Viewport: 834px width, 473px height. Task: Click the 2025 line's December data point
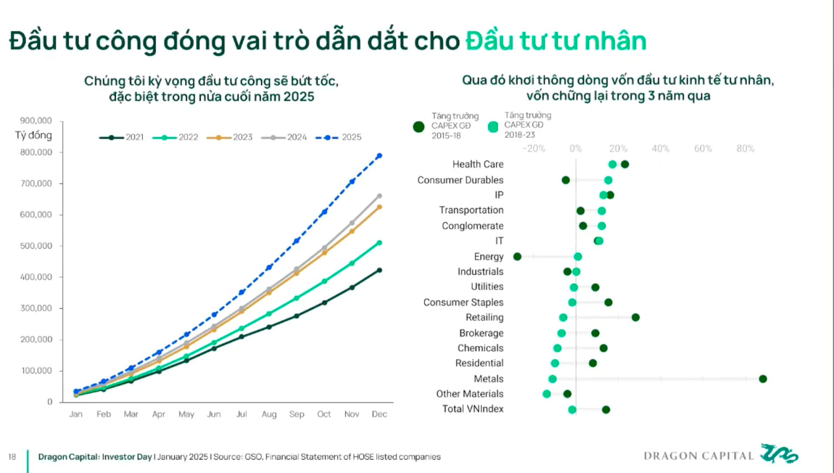[379, 156]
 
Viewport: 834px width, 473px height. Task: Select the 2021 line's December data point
[379, 270]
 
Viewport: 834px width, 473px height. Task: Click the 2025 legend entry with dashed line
[339, 137]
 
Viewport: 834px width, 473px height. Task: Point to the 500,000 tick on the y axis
[36, 246]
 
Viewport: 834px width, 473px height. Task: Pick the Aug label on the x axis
[269, 414]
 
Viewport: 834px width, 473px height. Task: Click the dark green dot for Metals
[763, 379]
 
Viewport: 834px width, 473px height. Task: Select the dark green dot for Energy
[517, 257]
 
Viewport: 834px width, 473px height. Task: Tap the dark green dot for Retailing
[635, 318]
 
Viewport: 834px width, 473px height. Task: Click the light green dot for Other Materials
[546, 394]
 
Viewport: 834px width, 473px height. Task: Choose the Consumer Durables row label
[460, 180]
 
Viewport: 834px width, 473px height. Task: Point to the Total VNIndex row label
[473, 409]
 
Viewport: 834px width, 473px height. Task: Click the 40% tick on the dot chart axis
[660, 149]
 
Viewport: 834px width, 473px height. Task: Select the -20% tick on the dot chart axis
[533, 149]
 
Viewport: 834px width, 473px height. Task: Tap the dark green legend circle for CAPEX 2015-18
[419, 127]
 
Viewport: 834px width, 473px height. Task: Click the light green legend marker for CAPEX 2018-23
[493, 127]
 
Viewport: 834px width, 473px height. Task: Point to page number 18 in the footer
[12, 457]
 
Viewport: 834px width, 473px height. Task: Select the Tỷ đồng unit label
[33, 135]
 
